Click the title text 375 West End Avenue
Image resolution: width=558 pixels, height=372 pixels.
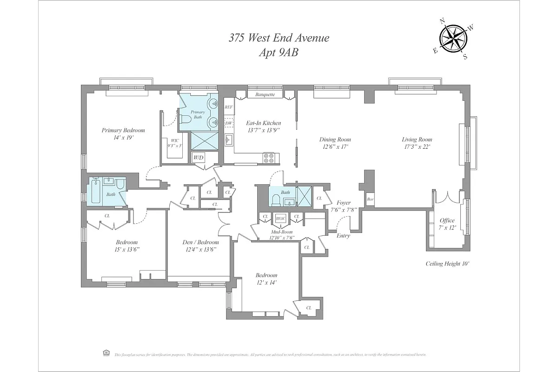pos(279,38)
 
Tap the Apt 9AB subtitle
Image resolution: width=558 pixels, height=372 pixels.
pos(279,53)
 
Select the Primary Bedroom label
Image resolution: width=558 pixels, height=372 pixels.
pos(123,130)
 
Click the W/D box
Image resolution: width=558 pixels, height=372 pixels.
pos(199,158)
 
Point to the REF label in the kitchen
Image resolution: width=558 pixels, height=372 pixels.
pos(228,107)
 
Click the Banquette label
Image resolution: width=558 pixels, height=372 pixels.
pos(265,95)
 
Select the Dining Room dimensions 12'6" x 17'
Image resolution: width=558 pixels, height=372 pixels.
pos(335,146)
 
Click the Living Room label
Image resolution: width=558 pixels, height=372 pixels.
pos(417,139)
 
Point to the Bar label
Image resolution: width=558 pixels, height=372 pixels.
pos(370,199)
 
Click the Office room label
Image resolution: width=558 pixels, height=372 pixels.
pos(447,220)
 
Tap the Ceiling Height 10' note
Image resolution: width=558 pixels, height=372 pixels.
pos(447,264)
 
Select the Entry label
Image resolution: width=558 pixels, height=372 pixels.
pos(343,236)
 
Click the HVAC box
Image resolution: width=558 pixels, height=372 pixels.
pos(280,217)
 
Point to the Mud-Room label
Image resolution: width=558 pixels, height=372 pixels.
pos(282,231)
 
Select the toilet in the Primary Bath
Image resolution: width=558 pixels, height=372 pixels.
pos(186,119)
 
